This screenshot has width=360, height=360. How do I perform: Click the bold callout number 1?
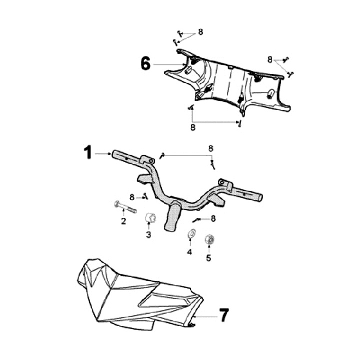tap(88, 152)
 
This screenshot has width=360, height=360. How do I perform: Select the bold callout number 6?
tap(145, 63)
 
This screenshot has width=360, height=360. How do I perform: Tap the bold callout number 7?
tap(224, 315)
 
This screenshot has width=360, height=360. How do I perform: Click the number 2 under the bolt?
tap(123, 221)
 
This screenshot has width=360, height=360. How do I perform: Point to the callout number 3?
tap(148, 234)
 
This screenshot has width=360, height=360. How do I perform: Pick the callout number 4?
tap(189, 252)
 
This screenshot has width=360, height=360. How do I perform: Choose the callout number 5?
tap(208, 258)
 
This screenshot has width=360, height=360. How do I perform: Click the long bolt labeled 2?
tap(125, 206)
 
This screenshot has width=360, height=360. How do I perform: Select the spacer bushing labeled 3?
tap(151, 218)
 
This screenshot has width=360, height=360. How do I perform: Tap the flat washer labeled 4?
tap(191, 233)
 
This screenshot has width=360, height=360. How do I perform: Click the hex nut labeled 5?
tap(209, 239)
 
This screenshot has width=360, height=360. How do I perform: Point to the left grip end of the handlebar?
tap(115, 153)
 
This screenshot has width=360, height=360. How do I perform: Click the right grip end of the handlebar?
tap(259, 197)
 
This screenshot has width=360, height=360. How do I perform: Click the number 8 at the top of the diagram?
tap(200, 32)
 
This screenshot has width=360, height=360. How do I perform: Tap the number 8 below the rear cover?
tap(193, 127)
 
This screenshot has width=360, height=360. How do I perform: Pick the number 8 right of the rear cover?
tap(270, 59)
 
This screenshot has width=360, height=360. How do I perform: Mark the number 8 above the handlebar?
tap(211, 148)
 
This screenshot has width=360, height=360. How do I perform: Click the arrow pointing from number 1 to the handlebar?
tap(103, 153)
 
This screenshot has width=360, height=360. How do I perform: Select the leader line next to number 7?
tap(205, 316)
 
